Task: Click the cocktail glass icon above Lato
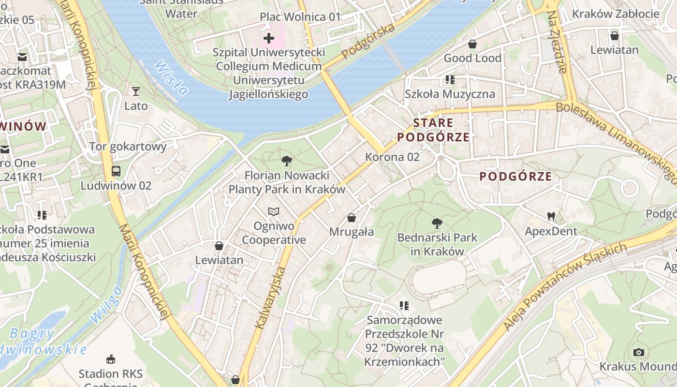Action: (136, 91)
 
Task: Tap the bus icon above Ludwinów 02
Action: (116, 171)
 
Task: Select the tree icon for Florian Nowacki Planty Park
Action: (287, 161)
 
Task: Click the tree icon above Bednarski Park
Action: (437, 223)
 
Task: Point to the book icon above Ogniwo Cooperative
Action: (274, 212)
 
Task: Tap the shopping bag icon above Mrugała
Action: (352, 218)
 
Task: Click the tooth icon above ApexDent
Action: (551, 216)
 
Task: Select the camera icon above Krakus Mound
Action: (639, 352)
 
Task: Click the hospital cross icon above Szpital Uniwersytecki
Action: (269, 38)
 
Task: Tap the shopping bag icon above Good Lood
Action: (472, 44)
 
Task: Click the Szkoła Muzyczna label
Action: (450, 94)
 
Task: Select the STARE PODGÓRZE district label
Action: (433, 130)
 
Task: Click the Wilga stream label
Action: (105, 304)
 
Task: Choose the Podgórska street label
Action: (368, 41)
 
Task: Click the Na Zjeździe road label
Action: (557, 42)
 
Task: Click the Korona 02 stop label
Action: (392, 157)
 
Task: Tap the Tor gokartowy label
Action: (128, 146)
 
